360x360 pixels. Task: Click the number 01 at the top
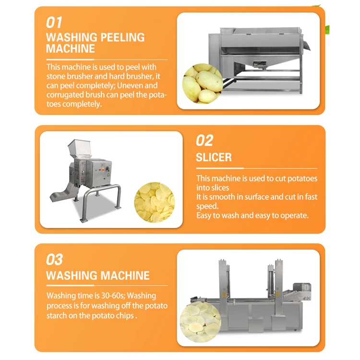pyautogui.click(x=54, y=22)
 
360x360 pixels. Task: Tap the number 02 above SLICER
pyautogui.click(x=204, y=140)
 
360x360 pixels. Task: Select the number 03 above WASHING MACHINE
pyautogui.click(x=54, y=259)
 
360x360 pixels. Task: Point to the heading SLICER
pyautogui.click(x=214, y=157)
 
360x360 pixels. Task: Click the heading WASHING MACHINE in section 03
pyautogui.click(x=98, y=276)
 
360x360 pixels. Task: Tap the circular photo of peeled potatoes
pyautogui.click(x=202, y=83)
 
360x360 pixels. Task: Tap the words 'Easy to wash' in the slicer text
pyautogui.click(x=217, y=216)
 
